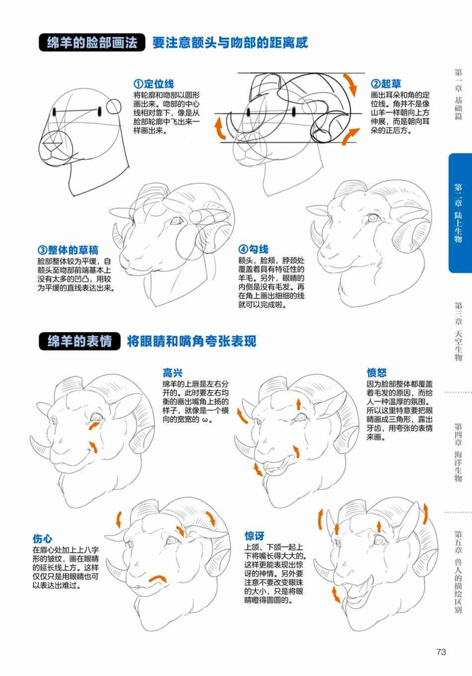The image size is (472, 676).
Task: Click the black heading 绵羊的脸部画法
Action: [92, 42]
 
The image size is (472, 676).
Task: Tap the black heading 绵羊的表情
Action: [79, 341]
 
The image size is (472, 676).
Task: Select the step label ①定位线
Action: [154, 84]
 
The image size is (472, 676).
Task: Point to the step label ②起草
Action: [386, 84]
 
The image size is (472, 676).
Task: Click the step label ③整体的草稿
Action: [68, 250]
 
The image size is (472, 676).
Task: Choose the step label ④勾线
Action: [253, 250]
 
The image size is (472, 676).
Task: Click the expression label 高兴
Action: [172, 373]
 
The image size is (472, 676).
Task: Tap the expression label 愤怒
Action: [377, 373]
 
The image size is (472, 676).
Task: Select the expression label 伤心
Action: [43, 538]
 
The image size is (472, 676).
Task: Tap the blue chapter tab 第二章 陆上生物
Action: [460, 213]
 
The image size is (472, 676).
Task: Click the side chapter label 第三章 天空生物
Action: [458, 331]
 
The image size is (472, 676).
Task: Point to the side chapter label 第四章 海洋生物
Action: [458, 452]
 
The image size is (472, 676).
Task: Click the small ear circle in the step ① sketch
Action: [114, 106]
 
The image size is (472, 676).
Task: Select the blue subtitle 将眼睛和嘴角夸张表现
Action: [191, 341]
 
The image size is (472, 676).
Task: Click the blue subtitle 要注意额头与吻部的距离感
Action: [230, 43]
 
